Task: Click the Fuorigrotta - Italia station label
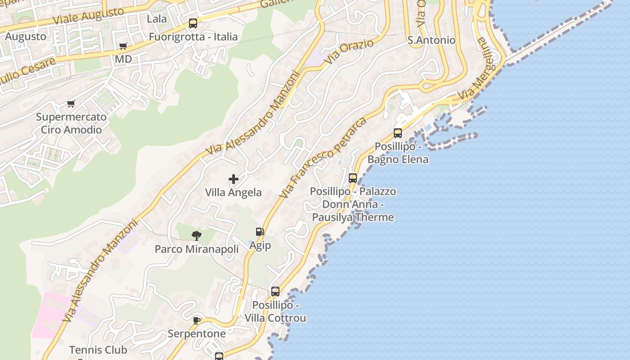pos(193,36)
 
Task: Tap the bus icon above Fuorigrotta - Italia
pos(193,23)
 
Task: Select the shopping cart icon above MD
pos(123,46)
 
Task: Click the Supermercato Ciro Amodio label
pos(71,123)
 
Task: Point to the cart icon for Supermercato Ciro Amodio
pos(71,104)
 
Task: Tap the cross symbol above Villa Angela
pos(233,179)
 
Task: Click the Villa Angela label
pos(233,193)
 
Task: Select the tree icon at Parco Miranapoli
pos(197,235)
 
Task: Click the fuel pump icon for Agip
pos(260,232)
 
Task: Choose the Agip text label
pos(260,245)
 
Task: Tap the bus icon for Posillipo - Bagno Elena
pos(398,133)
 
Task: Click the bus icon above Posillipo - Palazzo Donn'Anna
pos(353,178)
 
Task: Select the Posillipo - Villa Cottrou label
pos(275,311)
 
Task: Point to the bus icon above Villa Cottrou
pos(275,292)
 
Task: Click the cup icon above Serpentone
pos(197,320)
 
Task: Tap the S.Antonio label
pos(431,40)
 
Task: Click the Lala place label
pos(157,19)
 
